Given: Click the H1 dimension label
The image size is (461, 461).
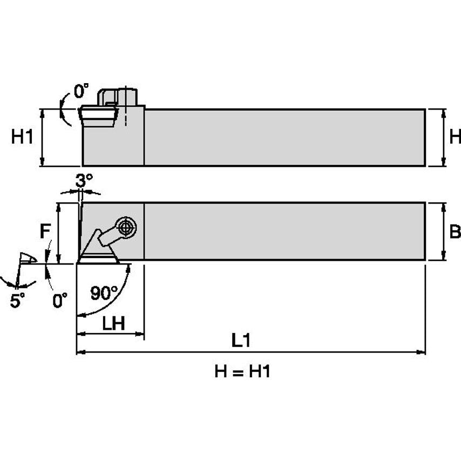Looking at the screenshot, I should tap(22, 137).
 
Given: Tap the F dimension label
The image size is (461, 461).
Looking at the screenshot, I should tap(45, 231).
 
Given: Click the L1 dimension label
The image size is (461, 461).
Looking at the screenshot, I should tap(242, 340).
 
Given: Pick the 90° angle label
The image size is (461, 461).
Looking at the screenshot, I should tap(104, 293).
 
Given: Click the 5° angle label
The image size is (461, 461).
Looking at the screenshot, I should tap(17, 301).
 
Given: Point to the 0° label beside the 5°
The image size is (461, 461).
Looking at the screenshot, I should tap(59, 300).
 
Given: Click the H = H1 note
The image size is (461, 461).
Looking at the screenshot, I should tap(242, 371).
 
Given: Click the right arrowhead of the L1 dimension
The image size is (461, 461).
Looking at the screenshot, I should tap(422, 352).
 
